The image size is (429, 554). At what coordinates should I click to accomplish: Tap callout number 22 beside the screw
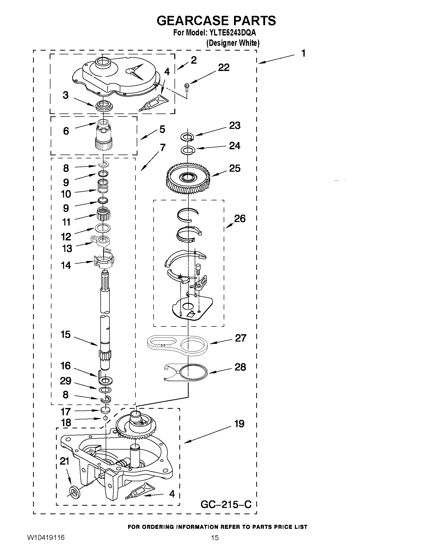pos(224,67)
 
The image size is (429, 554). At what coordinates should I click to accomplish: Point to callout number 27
pos(240,338)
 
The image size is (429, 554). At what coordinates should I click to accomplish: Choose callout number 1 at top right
pos(303,54)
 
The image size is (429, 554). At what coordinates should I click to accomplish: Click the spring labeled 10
pos(103,186)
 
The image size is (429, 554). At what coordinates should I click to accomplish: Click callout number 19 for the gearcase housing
pos(239,424)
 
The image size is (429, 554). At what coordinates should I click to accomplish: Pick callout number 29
pos(65,381)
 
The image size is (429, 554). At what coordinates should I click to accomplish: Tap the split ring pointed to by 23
pos(187,136)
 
